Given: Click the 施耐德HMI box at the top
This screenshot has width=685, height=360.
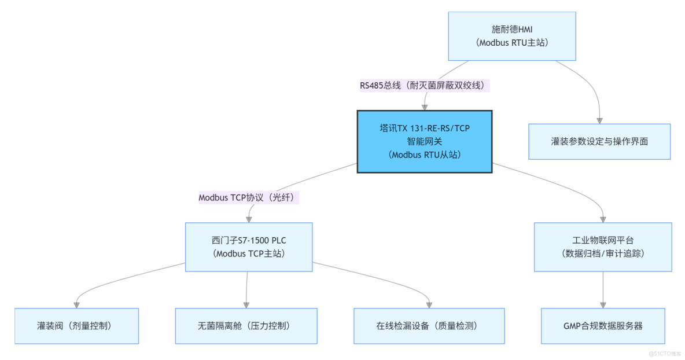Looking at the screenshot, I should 513,36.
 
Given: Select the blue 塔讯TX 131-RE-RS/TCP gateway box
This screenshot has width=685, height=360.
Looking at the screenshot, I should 425,141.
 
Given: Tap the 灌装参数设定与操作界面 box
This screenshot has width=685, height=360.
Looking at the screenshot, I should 599,141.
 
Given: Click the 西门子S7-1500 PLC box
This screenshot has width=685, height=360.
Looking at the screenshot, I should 249,247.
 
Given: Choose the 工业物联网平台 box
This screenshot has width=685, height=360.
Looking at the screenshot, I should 603,247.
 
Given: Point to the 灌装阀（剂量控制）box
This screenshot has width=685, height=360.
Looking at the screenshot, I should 76,326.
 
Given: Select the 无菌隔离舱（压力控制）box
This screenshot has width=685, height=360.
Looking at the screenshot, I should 246,326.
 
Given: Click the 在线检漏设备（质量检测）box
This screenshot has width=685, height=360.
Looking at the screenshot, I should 429,326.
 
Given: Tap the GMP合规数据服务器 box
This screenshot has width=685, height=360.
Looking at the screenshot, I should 603,326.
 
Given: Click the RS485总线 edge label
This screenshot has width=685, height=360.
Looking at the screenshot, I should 425,86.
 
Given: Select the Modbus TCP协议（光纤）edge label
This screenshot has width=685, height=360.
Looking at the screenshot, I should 249,197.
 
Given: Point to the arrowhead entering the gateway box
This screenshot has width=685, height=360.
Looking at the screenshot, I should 425,106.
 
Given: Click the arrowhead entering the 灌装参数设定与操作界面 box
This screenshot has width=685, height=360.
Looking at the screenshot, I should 599,120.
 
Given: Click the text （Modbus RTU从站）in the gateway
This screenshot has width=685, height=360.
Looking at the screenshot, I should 425,155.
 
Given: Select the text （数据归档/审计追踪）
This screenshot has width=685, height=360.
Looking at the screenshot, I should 603,254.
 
